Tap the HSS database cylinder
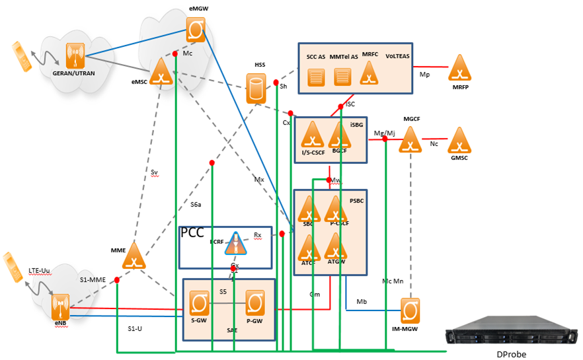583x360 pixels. click(256, 89)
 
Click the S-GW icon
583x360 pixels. click(198, 303)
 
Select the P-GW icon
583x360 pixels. click(255, 303)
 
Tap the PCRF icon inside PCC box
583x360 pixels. click(235, 244)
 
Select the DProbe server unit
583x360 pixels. click(513, 328)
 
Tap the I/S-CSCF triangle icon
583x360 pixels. click(311, 135)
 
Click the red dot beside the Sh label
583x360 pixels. click(276, 83)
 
